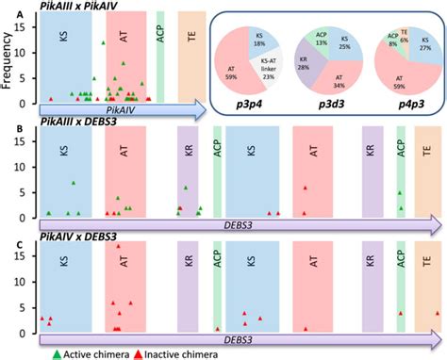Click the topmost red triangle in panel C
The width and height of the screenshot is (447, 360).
pyautogui.click(x=118, y=247)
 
